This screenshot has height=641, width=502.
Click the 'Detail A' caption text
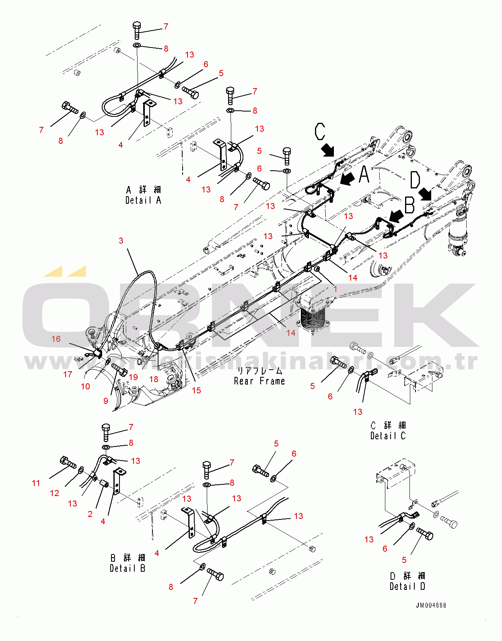click(x=143, y=200)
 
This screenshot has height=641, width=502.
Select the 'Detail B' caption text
click(x=127, y=568)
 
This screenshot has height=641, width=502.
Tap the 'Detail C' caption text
click(x=388, y=436)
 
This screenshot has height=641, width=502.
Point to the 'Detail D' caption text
click(x=407, y=586)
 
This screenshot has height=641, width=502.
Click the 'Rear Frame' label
click(x=259, y=381)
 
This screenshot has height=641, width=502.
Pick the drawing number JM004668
click(x=431, y=605)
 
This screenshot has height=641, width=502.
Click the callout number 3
click(x=121, y=241)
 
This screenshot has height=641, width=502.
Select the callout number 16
click(x=56, y=339)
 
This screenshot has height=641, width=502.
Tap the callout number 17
click(x=68, y=374)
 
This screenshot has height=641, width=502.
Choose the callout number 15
click(x=196, y=390)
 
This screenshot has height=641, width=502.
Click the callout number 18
click(x=154, y=379)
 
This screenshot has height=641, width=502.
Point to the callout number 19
click(x=133, y=377)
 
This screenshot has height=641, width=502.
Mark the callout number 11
click(x=36, y=483)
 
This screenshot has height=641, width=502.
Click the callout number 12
click(x=54, y=493)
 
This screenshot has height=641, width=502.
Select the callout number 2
click(x=90, y=514)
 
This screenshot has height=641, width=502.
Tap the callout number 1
click(x=335, y=289)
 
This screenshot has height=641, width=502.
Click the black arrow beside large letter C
click(x=328, y=150)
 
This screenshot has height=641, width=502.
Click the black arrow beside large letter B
click(x=396, y=216)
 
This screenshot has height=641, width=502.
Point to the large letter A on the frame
click(x=364, y=174)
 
